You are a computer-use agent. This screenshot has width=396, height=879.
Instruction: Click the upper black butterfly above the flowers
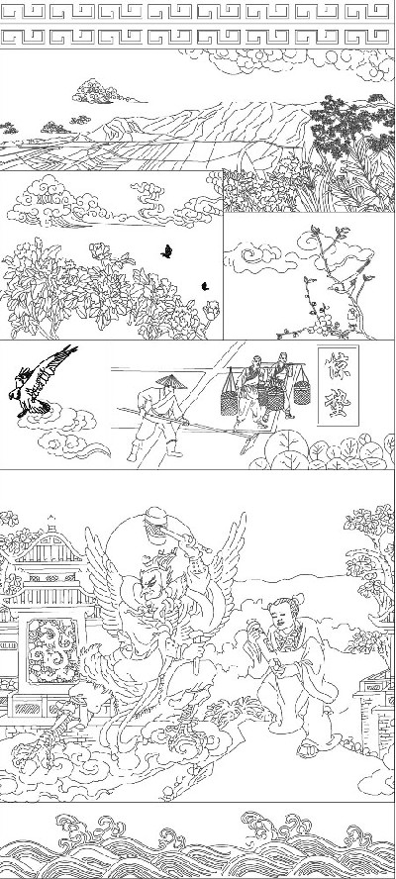pos(167,250)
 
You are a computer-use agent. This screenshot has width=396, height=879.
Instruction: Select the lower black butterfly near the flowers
pos(205,285)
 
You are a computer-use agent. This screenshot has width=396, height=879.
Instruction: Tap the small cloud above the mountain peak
pos(97,93)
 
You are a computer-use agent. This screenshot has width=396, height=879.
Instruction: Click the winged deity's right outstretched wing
pos(228,554)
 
